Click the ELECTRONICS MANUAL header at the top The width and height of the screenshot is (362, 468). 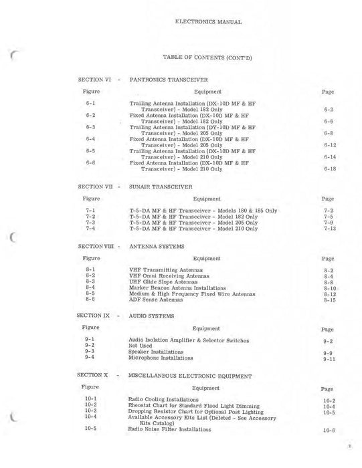pos(208,22)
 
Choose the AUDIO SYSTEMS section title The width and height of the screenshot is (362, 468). pos(151,316)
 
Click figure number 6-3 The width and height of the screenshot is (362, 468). pos(91,126)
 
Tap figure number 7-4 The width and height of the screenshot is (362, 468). pos(91,228)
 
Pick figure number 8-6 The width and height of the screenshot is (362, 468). pos(91,300)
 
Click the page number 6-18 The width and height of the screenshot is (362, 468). pos(328,169)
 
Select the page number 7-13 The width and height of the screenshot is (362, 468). pos(328,229)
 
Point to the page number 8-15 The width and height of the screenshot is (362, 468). pos(328,300)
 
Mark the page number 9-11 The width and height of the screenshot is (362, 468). pos(328,359)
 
